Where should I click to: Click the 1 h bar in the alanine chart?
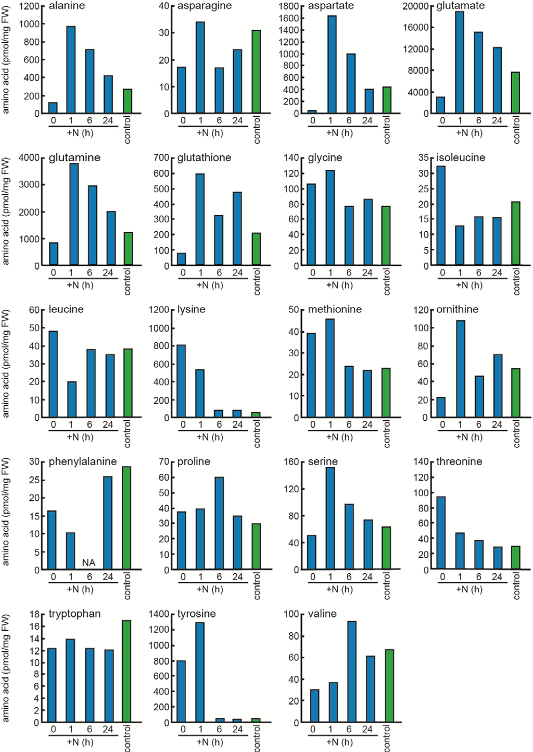point(71,70)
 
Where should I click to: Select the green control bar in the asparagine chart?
point(256,72)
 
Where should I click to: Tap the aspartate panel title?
point(331,6)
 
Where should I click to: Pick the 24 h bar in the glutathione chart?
point(237,229)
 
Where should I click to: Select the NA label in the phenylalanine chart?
point(88,562)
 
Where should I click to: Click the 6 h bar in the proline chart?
point(219,523)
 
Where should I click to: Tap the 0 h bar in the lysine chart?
point(181,381)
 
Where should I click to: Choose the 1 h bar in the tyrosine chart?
point(200,672)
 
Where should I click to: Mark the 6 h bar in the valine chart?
point(352,671)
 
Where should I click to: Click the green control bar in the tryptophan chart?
point(126,671)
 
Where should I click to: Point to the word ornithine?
point(457,309)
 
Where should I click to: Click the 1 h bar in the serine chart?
point(330,518)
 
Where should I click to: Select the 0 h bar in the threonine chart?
point(441,533)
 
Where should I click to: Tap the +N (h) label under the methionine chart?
point(339,437)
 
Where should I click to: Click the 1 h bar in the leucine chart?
point(72,399)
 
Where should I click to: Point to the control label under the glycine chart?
point(386,282)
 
